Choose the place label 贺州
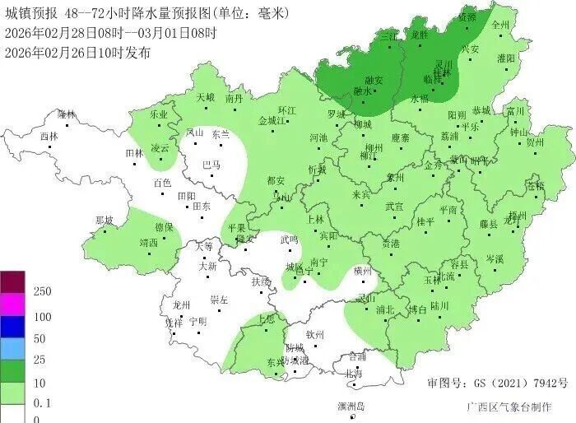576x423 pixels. (535, 142)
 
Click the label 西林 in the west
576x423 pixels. (49, 137)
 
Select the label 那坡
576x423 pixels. (105, 220)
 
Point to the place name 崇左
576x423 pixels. (219, 300)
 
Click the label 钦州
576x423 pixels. (316, 335)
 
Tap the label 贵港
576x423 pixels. (391, 244)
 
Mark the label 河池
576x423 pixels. (318, 137)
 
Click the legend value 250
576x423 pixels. (42, 292)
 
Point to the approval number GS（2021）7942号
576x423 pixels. (498, 384)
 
